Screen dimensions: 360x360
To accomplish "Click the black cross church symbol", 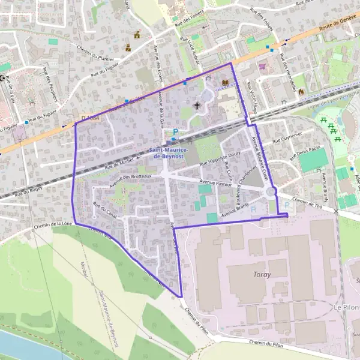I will pos(197,106).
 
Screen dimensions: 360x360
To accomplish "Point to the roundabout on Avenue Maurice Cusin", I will pos(271,192).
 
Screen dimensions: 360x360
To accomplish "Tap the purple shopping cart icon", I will pos(262,67).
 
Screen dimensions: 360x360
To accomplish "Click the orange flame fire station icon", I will pos(301,92).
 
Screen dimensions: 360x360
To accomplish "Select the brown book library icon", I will pos(226,83).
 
